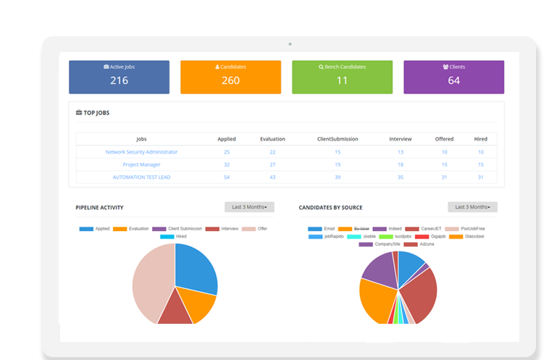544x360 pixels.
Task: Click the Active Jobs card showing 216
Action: click(119, 77)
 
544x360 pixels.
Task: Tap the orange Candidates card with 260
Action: click(230, 77)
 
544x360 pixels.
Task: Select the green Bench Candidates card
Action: click(342, 77)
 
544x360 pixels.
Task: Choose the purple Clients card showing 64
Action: click(453, 77)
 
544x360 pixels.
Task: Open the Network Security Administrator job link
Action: click(141, 152)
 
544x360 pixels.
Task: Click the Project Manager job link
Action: click(141, 164)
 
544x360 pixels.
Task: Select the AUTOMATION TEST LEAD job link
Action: click(141, 177)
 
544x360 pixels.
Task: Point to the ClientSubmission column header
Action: click(338, 139)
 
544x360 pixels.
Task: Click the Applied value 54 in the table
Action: click(227, 177)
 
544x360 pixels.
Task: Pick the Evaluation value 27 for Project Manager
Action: click(272, 164)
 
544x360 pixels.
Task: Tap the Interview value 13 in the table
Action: click(401, 152)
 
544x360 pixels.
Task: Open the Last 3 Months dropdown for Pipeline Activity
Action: click(249, 207)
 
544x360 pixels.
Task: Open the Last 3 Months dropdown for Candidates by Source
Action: click(472, 207)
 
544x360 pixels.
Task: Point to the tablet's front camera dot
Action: click(290, 43)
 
